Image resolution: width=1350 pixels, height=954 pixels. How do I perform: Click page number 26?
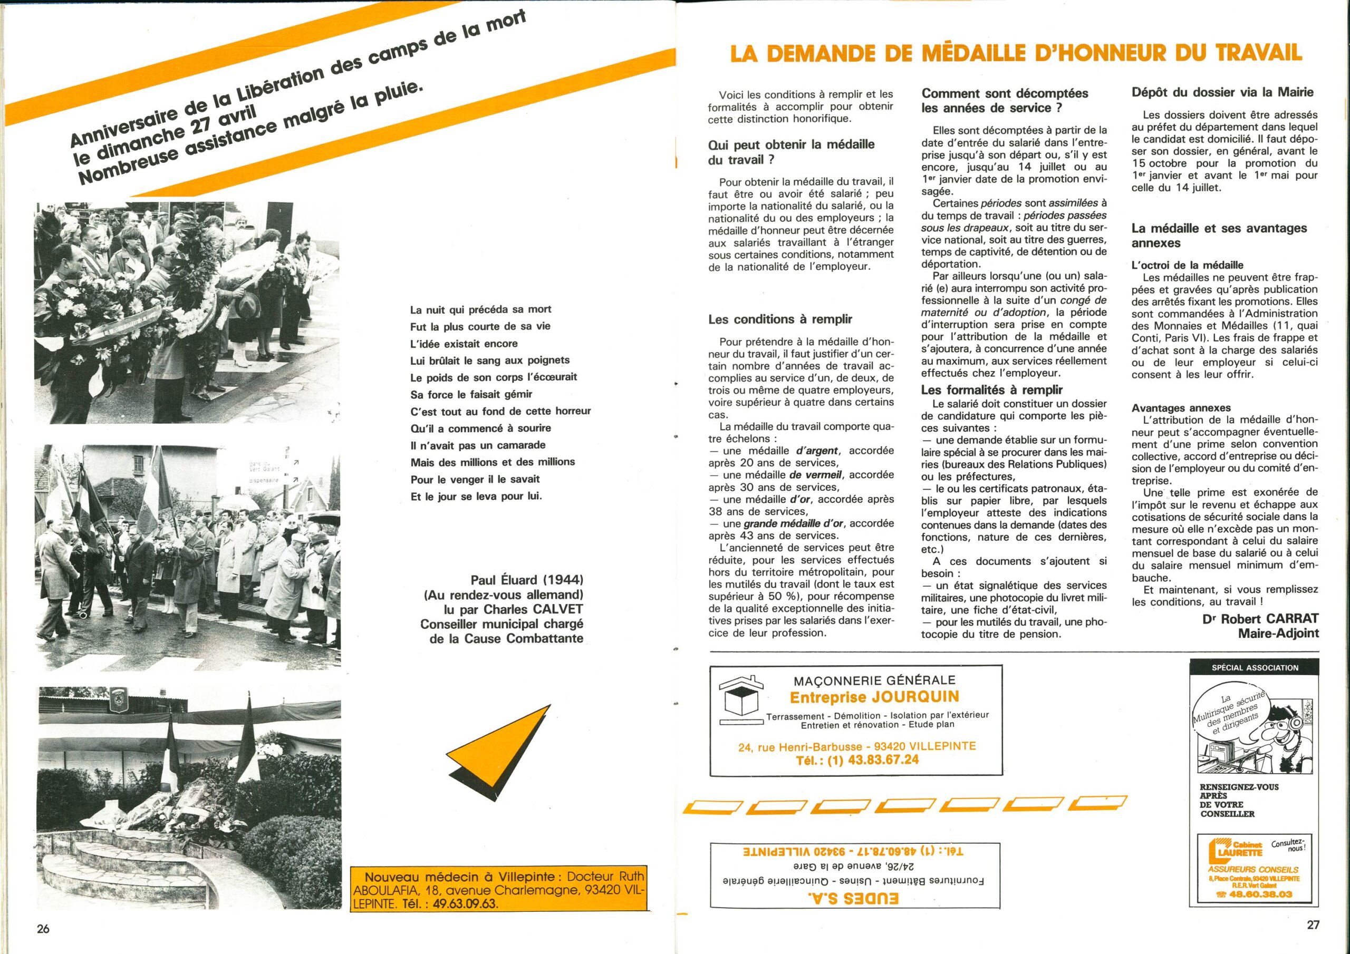pos(43,928)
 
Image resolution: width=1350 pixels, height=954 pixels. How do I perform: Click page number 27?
pos(1313,924)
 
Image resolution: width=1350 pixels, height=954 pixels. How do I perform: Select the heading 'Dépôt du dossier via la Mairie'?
pos(1222,92)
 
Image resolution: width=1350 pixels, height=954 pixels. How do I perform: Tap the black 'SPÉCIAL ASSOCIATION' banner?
pos(1255,668)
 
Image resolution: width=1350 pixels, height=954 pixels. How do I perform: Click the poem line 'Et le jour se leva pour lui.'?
pos(476,496)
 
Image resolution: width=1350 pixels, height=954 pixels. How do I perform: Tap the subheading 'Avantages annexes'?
pos(1180,408)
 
